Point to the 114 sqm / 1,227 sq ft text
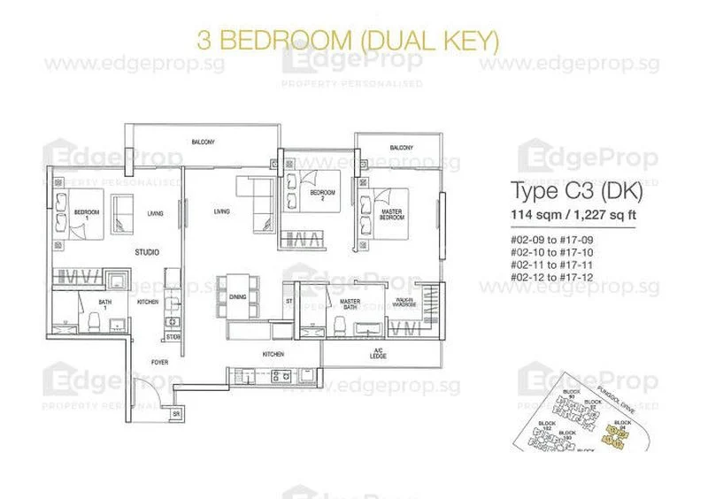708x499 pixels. (576, 215)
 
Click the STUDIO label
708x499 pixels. (147, 251)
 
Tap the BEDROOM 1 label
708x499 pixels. (86, 212)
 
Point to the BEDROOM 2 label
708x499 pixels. (322, 195)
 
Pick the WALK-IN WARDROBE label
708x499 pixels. (404, 303)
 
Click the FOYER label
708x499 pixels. (159, 362)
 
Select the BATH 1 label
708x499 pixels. (104, 305)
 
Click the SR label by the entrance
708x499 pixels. (176, 413)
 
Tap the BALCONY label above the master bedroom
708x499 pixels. (401, 147)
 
